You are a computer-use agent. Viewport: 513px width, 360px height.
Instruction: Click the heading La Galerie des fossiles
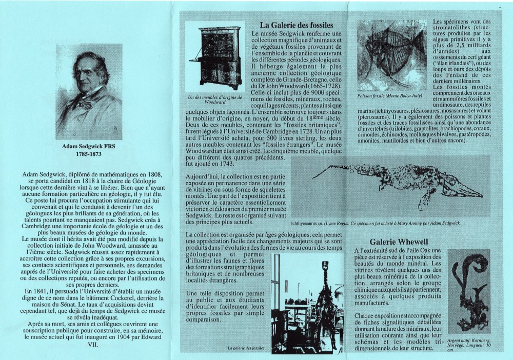(x=297, y=25)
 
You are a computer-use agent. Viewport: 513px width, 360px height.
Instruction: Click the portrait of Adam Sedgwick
(x=89, y=92)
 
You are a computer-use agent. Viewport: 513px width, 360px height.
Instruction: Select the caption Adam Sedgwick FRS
(x=89, y=146)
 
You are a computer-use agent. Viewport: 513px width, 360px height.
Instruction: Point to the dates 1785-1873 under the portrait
(x=89, y=153)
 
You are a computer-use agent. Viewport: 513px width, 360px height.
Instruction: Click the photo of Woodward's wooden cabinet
(x=214, y=58)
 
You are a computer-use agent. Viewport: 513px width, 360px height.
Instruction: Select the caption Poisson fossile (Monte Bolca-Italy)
(x=390, y=96)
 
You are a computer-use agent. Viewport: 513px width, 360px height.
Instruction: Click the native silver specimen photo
(x=469, y=291)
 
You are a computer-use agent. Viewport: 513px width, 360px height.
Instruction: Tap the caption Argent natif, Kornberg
(x=469, y=341)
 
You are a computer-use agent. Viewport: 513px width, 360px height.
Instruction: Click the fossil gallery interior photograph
(x=307, y=303)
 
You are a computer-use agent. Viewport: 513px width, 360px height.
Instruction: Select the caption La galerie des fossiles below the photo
(x=247, y=348)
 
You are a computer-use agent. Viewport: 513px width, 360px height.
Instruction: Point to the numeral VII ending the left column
(x=89, y=345)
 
